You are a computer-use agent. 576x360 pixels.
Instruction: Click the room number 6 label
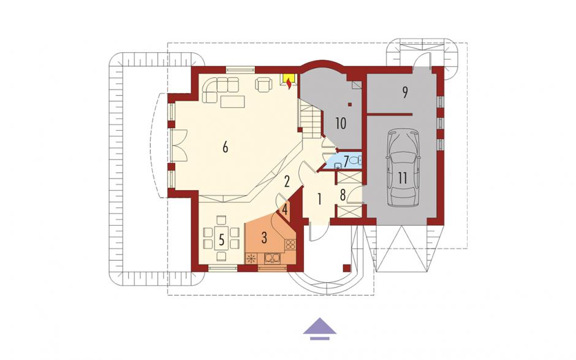[x=225, y=147]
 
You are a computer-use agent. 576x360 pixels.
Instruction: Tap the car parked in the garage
[x=403, y=167]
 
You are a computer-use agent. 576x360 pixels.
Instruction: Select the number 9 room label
[x=405, y=92]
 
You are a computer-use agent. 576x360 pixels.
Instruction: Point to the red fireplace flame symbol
[x=289, y=83]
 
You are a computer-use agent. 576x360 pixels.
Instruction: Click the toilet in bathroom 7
[x=355, y=160]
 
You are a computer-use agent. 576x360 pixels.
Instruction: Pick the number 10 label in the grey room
[x=341, y=123]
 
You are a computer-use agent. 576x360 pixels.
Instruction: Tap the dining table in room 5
[x=221, y=239]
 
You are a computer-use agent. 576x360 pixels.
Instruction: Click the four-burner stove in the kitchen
[x=290, y=244]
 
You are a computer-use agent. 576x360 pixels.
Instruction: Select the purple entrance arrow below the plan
[x=320, y=328]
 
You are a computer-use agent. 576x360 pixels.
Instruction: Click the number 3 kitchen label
[x=263, y=238]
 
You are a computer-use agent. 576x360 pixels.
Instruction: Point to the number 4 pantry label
[x=285, y=211]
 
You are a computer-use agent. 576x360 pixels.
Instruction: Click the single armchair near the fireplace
[x=263, y=85]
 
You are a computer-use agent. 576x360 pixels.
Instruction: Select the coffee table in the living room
[x=232, y=101]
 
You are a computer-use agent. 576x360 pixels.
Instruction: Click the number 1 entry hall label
[x=319, y=200]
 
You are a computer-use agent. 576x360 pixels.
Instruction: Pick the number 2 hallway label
[x=287, y=181]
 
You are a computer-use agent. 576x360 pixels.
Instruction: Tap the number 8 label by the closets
[x=343, y=195]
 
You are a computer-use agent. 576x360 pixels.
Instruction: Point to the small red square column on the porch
[x=346, y=267]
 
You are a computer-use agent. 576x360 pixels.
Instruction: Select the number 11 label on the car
[x=402, y=178]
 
